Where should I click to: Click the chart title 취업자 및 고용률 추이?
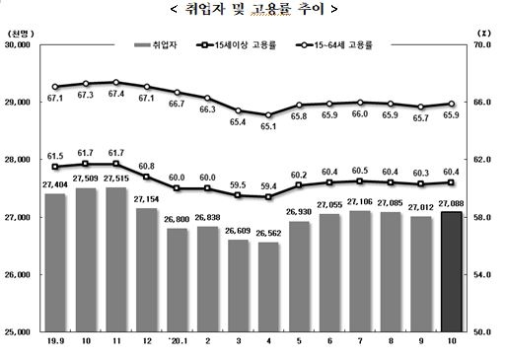[253, 10]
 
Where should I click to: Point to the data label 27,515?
[116, 180]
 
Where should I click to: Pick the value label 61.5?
[55, 156]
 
